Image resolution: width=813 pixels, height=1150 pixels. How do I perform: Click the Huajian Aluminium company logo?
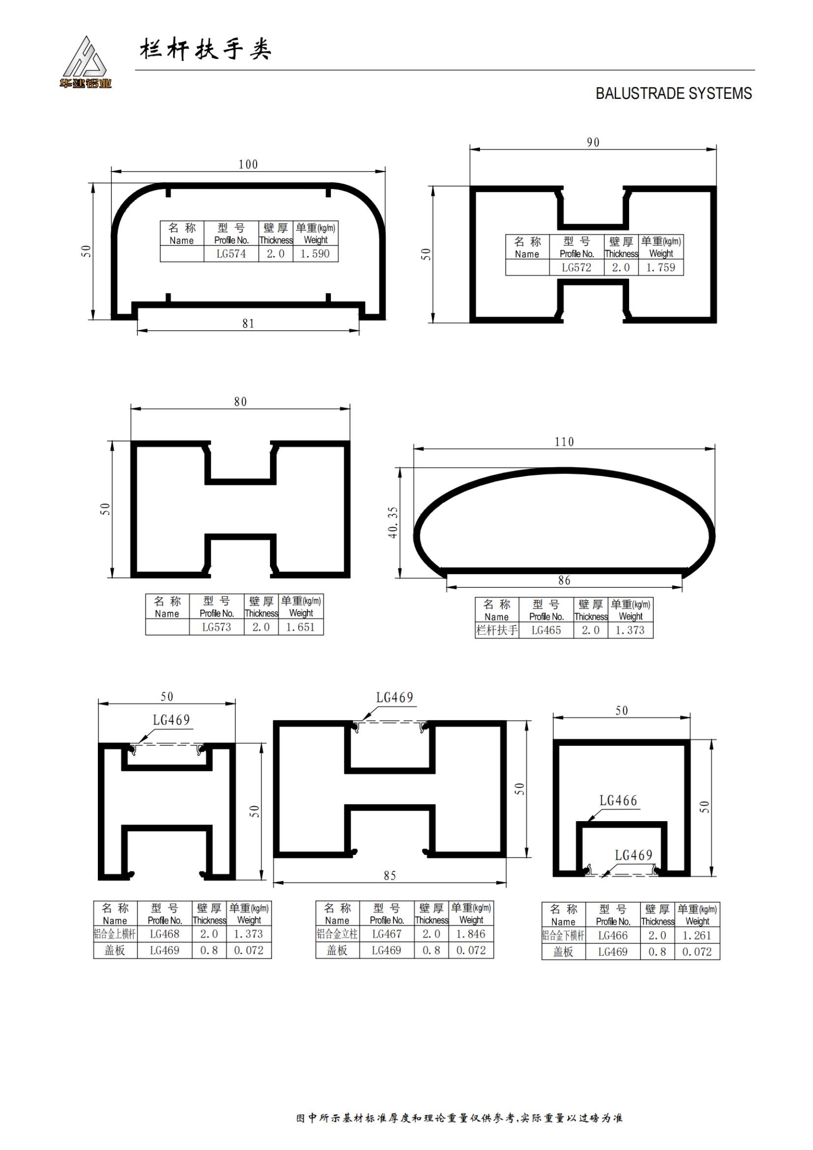(x=85, y=62)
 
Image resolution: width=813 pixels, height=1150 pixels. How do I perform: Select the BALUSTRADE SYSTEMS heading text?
(x=673, y=94)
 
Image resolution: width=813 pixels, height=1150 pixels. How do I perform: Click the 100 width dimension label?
(x=248, y=164)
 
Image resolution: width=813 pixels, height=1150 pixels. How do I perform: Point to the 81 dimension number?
(x=248, y=324)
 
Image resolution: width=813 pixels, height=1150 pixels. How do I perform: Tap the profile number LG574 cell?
(x=231, y=254)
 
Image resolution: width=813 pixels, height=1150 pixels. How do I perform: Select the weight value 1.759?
(x=661, y=268)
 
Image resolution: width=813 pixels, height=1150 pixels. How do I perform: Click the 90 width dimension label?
(x=593, y=142)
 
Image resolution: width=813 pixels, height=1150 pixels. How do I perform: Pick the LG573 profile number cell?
(x=216, y=627)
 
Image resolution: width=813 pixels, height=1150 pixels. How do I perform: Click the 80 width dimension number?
(x=241, y=402)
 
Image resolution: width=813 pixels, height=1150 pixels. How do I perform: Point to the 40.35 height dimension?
(x=393, y=523)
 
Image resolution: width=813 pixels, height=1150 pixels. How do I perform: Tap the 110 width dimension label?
(x=564, y=442)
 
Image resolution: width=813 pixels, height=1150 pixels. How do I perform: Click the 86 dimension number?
(x=564, y=581)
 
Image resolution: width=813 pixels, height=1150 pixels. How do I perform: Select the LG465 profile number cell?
(x=546, y=630)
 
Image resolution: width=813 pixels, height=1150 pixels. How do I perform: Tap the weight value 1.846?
(x=471, y=934)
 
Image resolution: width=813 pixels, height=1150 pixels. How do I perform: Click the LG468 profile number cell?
(x=164, y=934)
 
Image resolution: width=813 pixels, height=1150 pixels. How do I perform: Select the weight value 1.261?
(x=697, y=936)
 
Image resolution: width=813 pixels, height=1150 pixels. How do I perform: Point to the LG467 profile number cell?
(x=387, y=934)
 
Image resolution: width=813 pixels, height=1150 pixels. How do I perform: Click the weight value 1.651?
(x=301, y=627)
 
